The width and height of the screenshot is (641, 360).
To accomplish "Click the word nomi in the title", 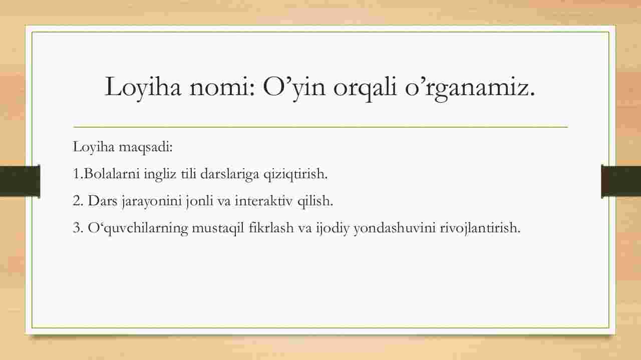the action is coord(221,87).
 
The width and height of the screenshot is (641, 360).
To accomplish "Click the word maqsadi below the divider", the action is coord(145,147).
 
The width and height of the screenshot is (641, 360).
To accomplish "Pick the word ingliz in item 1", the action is coord(160,174).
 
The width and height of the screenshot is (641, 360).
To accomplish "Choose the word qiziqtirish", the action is coord(295,174).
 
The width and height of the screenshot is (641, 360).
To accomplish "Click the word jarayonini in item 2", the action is coord(152,201).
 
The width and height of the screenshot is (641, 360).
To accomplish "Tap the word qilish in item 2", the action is coord(315,201).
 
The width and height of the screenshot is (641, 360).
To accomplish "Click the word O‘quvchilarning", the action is coord(138,228).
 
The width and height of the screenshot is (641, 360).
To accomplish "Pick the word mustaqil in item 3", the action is coord(218,228).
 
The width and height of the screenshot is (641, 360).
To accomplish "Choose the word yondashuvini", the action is coord(395,228).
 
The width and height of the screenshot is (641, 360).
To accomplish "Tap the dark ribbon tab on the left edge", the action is coord(20,181).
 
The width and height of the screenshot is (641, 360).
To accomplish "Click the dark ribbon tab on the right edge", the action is coord(621,181).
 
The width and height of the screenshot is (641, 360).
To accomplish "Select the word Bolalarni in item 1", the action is coord(112,174).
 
